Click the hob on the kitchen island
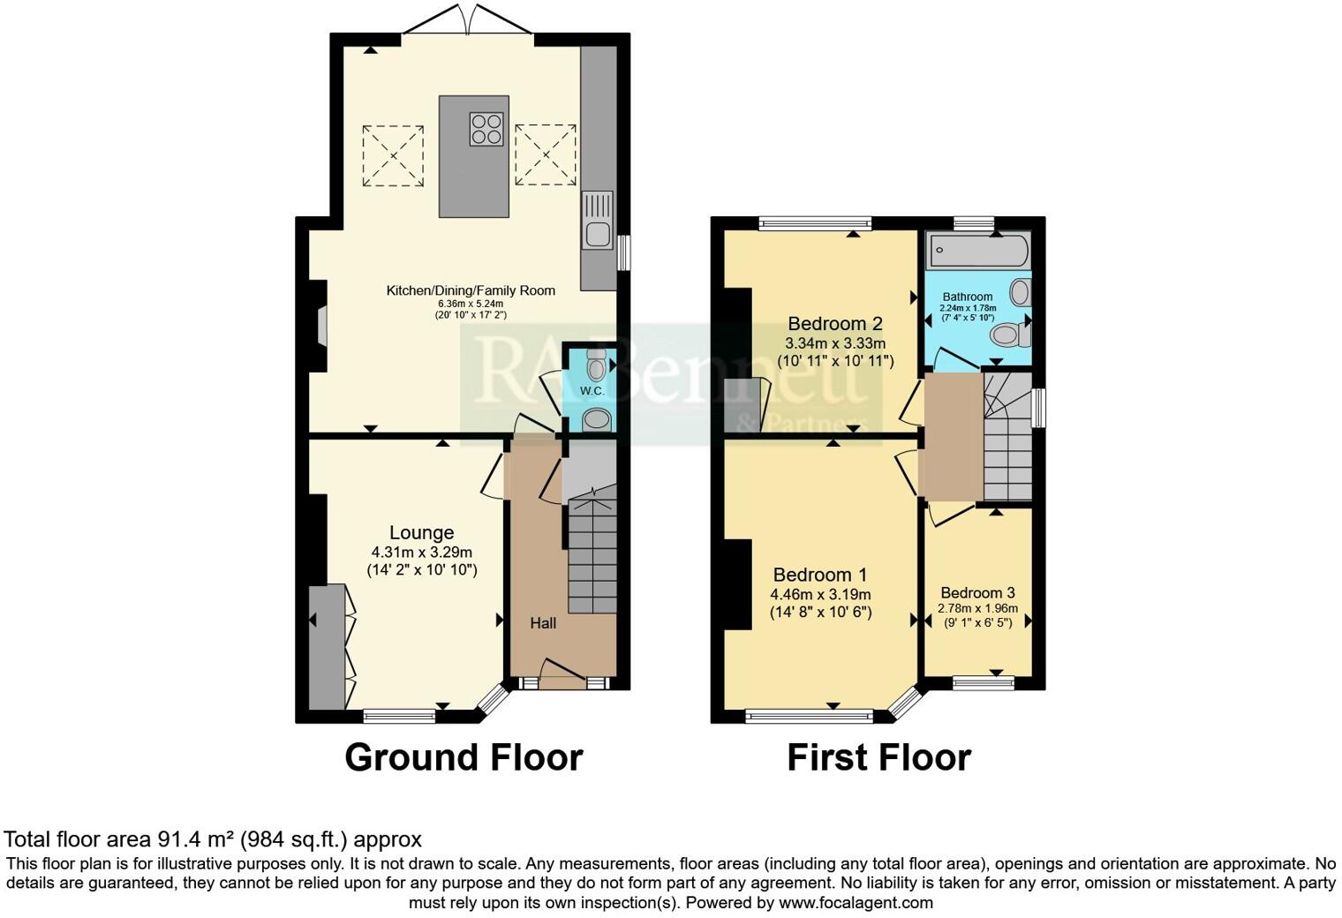(486, 129)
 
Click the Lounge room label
(421, 532)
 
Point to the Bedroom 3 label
(976, 592)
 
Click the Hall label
(543, 623)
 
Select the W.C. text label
(592, 391)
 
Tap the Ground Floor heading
(464, 757)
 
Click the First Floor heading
(878, 757)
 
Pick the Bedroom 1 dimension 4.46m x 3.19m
(820, 594)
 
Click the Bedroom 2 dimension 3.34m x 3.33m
(835, 342)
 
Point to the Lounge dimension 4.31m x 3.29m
(422, 553)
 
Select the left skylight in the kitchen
(393, 155)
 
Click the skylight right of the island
(545, 155)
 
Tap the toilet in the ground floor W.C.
(598, 364)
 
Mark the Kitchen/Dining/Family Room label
(471, 290)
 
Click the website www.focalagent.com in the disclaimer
(855, 902)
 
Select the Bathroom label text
(967, 297)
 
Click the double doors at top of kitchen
(468, 22)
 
